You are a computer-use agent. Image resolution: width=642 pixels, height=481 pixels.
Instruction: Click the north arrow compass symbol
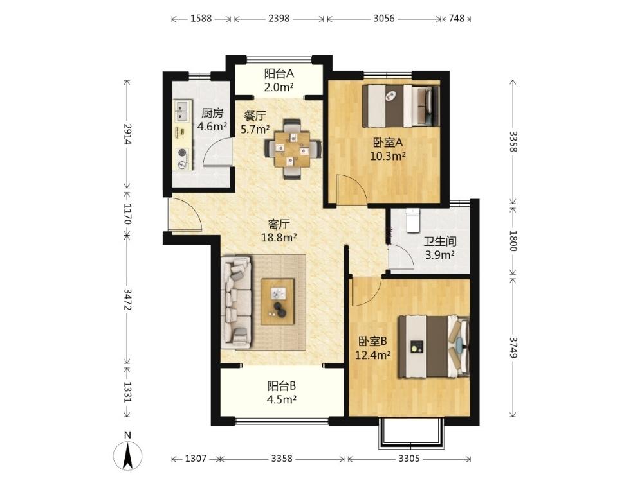click(x=128, y=455)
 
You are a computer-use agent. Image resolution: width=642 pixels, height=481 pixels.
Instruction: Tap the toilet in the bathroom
click(x=412, y=221)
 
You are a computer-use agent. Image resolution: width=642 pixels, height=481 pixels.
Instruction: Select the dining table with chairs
click(x=292, y=149)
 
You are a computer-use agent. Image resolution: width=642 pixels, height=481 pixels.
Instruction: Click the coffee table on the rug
click(x=278, y=302)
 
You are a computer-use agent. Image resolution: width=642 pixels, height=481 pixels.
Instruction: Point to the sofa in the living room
click(x=236, y=302)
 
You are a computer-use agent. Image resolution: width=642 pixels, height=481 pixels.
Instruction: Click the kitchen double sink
click(x=182, y=110)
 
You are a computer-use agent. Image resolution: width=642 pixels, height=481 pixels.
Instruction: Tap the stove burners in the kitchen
click(x=182, y=159)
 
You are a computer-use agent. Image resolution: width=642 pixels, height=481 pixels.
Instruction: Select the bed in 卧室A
click(x=401, y=106)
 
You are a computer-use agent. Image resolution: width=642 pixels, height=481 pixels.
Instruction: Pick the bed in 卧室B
click(x=434, y=347)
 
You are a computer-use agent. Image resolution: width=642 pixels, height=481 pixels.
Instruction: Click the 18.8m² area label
click(x=279, y=238)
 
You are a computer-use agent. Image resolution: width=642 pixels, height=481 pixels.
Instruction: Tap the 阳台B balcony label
click(x=282, y=386)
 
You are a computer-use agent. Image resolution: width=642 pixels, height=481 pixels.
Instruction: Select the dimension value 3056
click(x=384, y=19)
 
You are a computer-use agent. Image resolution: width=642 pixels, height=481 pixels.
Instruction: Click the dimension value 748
click(x=457, y=19)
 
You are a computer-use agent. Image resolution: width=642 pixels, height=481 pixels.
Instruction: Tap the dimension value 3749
click(x=513, y=347)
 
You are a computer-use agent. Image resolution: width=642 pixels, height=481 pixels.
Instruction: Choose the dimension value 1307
click(x=196, y=459)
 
